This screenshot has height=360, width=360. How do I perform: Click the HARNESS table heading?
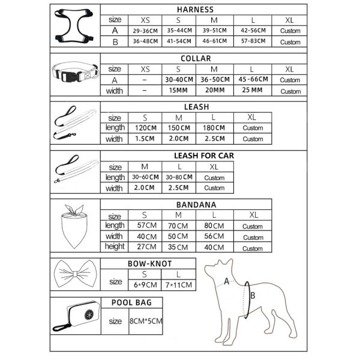203,10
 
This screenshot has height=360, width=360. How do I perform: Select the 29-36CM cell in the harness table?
145,31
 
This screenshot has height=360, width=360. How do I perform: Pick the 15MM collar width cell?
179,91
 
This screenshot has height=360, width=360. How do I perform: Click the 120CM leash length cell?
145,128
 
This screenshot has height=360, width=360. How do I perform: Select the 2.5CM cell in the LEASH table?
215,139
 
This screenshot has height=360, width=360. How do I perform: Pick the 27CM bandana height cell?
145,247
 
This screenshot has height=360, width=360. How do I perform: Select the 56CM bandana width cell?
215,236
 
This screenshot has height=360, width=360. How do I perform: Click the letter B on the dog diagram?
253,295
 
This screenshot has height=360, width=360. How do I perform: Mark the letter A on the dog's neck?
226,280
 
